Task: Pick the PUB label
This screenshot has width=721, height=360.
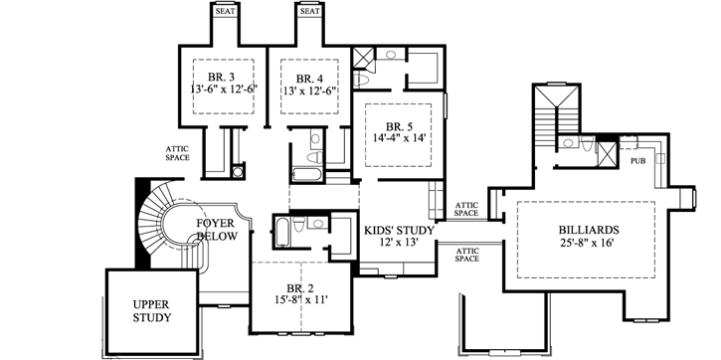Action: coord(637,159)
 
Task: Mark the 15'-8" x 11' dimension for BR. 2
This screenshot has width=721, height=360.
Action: coord(298,297)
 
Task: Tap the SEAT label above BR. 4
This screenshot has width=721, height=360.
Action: coord(310,11)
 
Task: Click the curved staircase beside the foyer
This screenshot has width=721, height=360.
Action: coord(159,224)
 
